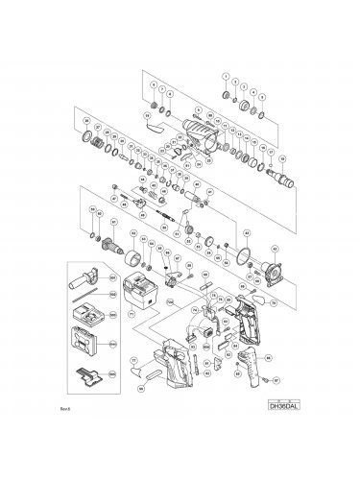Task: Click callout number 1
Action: [x=227, y=76]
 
